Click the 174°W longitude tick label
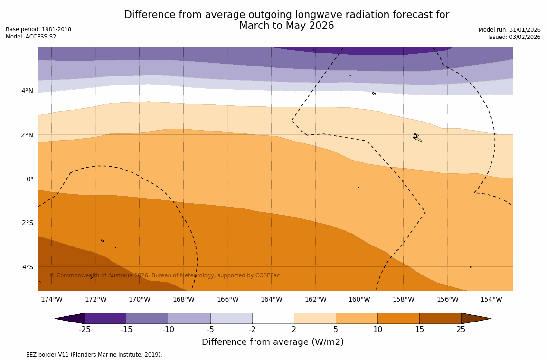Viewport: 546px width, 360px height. pyautogui.click(x=51, y=299)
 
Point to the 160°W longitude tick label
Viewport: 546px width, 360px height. pyautogui.click(x=359, y=299)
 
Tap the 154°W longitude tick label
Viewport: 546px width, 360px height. pyautogui.click(x=491, y=299)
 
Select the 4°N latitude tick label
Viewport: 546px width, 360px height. pyautogui.click(x=28, y=91)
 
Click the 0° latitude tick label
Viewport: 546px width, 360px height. pyautogui.click(x=30, y=179)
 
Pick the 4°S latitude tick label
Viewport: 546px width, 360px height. pyautogui.click(x=28, y=267)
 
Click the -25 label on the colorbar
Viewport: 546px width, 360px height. pyautogui.click(x=85, y=330)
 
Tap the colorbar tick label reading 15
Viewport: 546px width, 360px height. pyautogui.click(x=419, y=330)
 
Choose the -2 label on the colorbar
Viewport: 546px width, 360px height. pyautogui.click(x=252, y=330)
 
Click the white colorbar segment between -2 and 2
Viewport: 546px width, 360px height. pyautogui.click(x=273, y=318)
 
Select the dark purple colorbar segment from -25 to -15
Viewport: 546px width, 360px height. pyautogui.click(x=105, y=318)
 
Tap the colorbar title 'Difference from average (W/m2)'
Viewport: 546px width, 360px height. pyautogui.click(x=273, y=342)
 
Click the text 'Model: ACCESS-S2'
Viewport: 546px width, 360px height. pyautogui.click(x=31, y=37)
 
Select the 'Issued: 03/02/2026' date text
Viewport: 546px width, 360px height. pyautogui.click(x=514, y=37)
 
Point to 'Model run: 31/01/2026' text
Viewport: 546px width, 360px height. pyautogui.click(x=509, y=30)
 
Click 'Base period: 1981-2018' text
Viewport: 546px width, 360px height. pyautogui.click(x=38, y=29)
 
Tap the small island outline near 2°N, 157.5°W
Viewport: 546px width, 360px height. pyautogui.click(x=416, y=137)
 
